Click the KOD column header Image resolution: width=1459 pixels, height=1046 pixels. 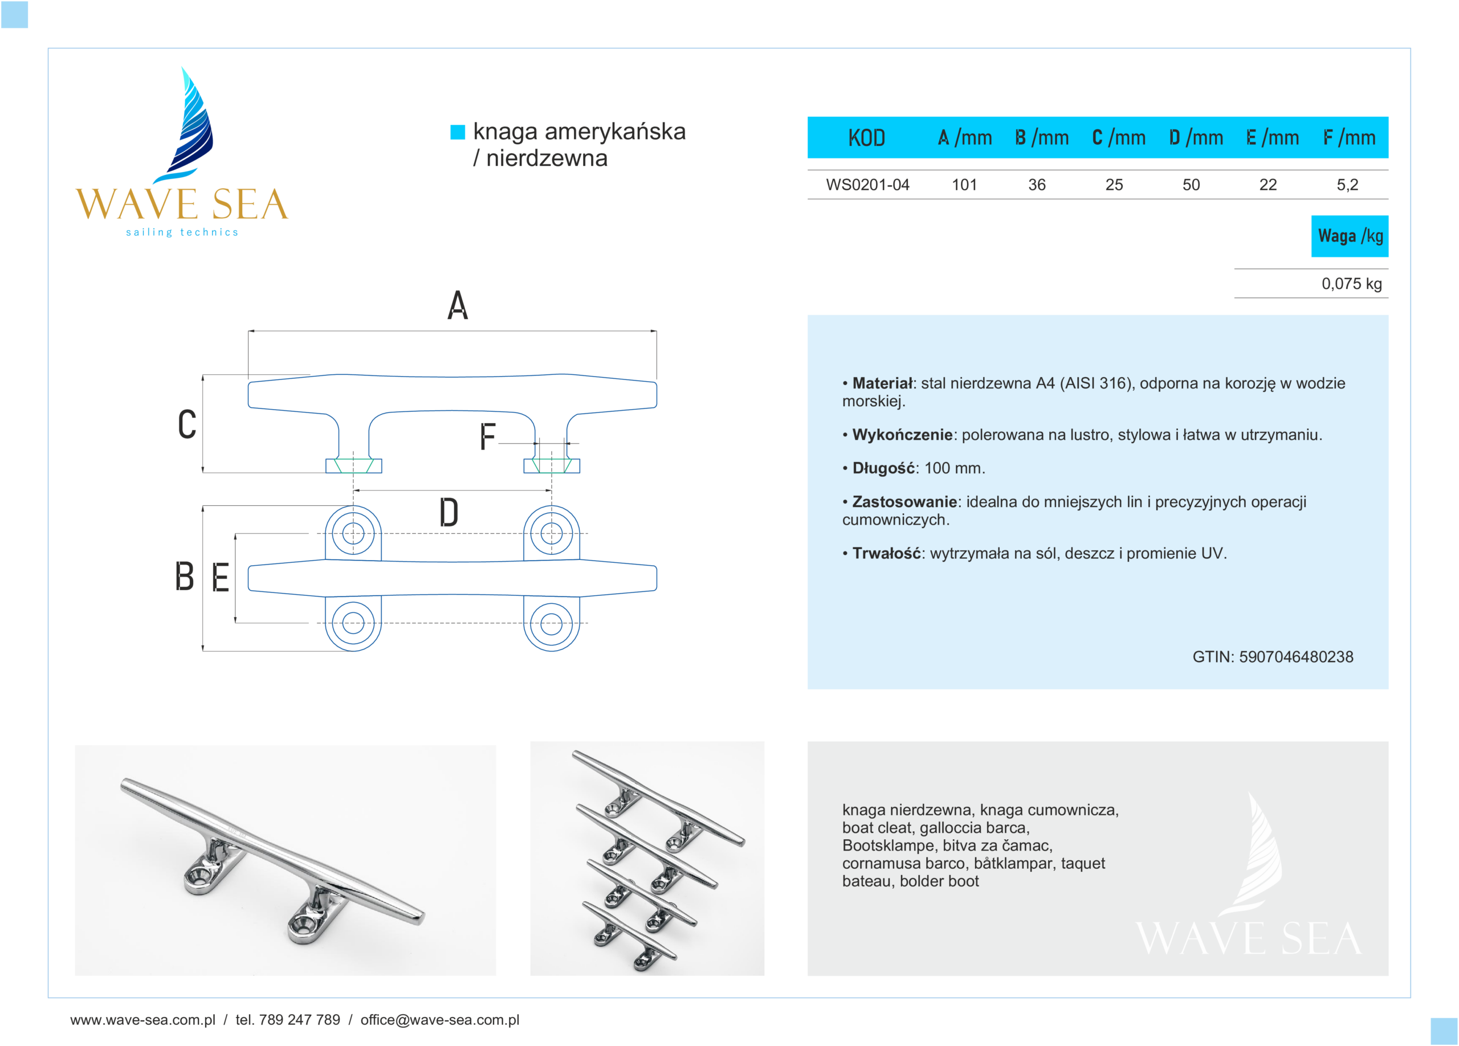[866, 137]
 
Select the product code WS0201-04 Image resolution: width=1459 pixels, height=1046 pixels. [867, 185]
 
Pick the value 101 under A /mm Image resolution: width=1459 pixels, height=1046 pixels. [964, 185]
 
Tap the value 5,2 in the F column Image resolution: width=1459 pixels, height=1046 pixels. [1347, 185]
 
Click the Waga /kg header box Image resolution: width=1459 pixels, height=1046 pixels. [1350, 236]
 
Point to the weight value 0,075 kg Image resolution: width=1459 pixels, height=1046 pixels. [1351, 284]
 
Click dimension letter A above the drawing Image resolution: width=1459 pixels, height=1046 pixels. [458, 305]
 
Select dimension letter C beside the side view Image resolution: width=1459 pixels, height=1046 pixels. [187, 424]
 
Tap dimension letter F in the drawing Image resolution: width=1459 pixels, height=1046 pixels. [488, 436]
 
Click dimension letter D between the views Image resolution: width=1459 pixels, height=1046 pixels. [449, 513]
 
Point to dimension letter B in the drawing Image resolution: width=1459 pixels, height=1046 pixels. [185, 576]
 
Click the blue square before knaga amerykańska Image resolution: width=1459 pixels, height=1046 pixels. [458, 132]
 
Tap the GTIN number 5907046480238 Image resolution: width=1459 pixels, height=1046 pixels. [1295, 656]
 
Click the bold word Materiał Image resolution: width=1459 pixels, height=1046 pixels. [882, 383]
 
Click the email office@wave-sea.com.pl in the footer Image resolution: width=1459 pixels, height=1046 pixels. [439, 1020]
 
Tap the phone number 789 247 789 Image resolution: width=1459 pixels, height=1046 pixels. [299, 1020]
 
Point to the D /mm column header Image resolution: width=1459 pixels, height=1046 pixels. [1196, 137]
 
